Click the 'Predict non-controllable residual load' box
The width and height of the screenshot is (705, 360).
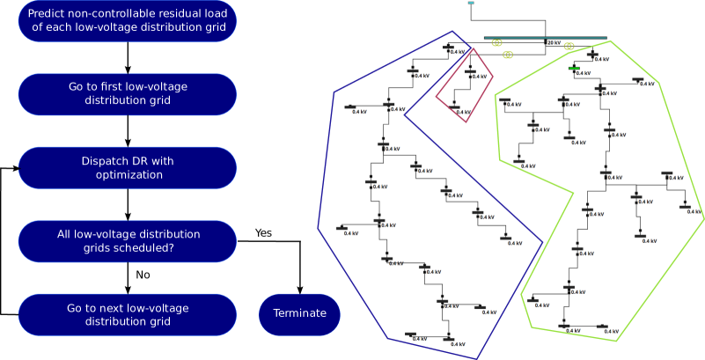(128, 20)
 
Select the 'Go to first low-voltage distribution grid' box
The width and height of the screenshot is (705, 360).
(128, 93)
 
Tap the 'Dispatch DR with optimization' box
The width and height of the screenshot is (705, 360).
(128, 167)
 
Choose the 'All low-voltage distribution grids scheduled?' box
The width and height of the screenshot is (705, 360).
(128, 241)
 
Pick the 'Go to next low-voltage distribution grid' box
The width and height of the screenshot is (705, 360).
(128, 314)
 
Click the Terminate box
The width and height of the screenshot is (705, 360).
(299, 314)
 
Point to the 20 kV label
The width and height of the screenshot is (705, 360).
(554, 42)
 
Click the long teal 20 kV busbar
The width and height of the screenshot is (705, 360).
(528, 38)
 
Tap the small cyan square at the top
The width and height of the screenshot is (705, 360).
(471, 4)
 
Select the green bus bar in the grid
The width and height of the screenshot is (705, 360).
(574, 68)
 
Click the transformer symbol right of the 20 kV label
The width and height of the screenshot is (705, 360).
(569, 45)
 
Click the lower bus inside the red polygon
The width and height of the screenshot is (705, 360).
(454, 107)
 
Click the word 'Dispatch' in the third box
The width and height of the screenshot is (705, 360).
(104, 160)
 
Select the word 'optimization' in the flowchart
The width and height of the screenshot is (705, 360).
(129, 174)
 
